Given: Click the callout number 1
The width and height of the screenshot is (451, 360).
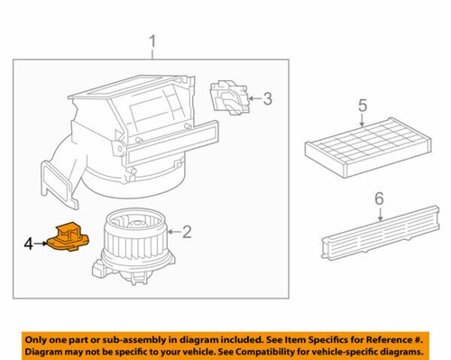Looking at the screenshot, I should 152,41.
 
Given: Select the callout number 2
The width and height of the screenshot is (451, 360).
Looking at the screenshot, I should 187,233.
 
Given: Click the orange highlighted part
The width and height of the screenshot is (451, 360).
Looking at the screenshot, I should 69,239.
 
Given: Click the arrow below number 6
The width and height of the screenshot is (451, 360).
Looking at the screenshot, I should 379,213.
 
